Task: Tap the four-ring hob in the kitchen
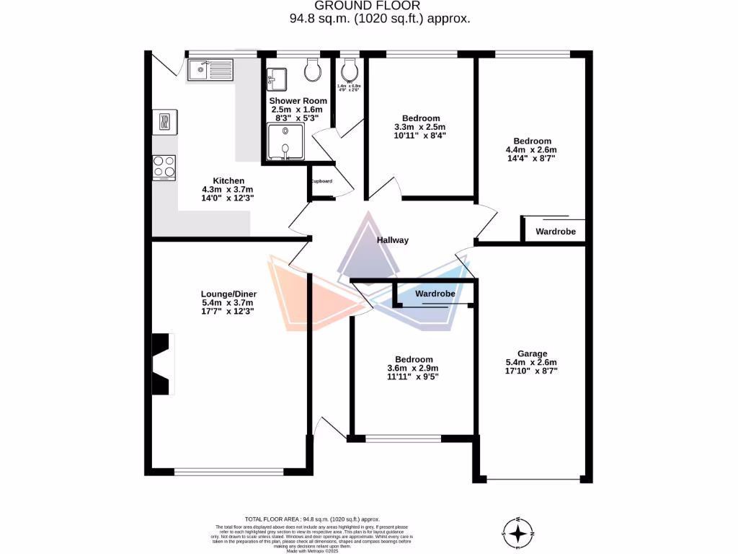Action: pyautogui.click(x=164, y=167)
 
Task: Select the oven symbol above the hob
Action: pyautogui.click(x=164, y=121)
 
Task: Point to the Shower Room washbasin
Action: pyautogui.click(x=277, y=76)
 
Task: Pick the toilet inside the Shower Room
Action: pyautogui.click(x=313, y=70)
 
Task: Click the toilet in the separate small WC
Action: pyautogui.click(x=349, y=70)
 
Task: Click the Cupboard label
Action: pyautogui.click(x=321, y=181)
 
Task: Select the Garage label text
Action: pyautogui.click(x=532, y=354)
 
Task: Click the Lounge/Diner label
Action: pyautogui.click(x=228, y=294)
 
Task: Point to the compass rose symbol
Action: pyautogui.click(x=517, y=533)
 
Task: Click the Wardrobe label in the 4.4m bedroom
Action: pyautogui.click(x=555, y=232)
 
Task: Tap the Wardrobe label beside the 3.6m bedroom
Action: pyautogui.click(x=435, y=294)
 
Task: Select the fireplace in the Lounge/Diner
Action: pyautogui.click(x=163, y=364)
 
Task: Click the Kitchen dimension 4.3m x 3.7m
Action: pyautogui.click(x=228, y=190)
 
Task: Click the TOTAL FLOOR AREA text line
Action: pyautogui.click(x=312, y=519)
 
